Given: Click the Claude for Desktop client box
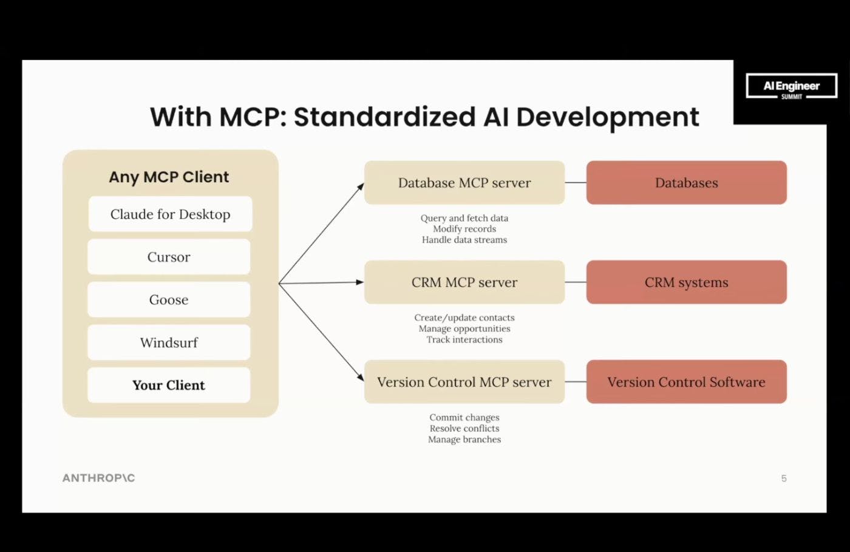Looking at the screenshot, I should click(170, 214).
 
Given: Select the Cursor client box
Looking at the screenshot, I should click(169, 257).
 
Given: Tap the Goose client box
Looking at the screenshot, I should click(169, 299).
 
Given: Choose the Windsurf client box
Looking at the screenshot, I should click(169, 342).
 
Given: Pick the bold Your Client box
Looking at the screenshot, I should click(169, 385).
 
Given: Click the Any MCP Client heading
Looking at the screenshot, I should click(169, 177).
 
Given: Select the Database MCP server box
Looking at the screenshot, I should click(464, 183).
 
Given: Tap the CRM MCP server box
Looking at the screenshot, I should click(464, 282).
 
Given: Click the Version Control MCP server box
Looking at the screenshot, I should click(464, 382).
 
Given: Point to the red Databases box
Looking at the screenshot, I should click(686, 183).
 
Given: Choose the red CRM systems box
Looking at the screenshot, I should click(686, 282).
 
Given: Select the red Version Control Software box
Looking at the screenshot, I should click(686, 382).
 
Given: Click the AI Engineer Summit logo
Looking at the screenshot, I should click(791, 87).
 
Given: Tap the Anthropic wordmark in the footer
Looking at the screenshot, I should click(98, 478).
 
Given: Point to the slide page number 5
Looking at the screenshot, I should click(784, 479).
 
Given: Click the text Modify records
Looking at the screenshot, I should click(464, 229).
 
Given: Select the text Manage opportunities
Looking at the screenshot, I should click(464, 329).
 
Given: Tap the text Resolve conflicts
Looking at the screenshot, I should click(464, 428).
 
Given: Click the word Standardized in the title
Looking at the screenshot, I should click(384, 117).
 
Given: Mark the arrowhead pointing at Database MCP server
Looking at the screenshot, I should click(361, 186).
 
